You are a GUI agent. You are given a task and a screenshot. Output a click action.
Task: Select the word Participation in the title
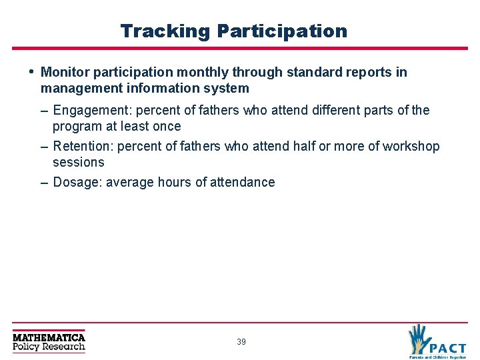pos(282,31)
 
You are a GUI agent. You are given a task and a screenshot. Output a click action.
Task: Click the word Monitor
pos(64,72)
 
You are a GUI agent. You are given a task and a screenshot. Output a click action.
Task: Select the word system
pos(227,88)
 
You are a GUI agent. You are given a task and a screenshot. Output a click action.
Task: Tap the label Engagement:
pos(93,111)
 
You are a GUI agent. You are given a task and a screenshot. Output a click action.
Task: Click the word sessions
pos(79,163)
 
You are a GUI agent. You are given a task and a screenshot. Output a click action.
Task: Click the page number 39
pos(241,342)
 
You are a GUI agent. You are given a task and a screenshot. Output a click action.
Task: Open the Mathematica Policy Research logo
pos(49,341)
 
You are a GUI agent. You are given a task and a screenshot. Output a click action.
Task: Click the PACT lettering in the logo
pos(447,347)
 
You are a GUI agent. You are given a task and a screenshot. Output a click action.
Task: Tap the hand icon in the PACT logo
pos(419,337)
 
